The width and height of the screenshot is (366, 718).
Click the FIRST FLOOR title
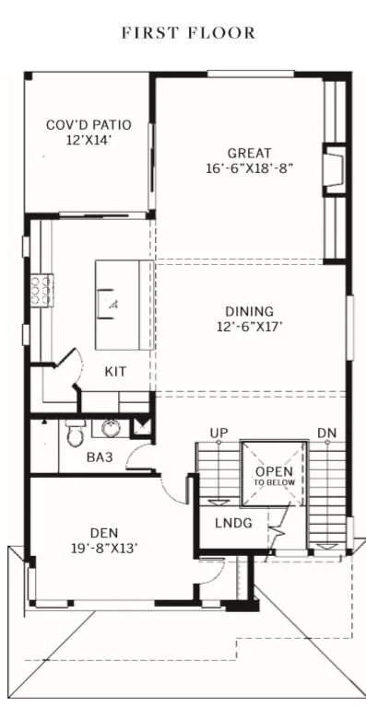pyautogui.click(x=187, y=33)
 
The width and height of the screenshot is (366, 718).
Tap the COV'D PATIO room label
pyautogui.click(x=89, y=124)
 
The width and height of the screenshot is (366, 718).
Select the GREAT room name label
pyautogui.click(x=250, y=153)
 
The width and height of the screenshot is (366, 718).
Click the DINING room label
pyautogui.click(x=249, y=311)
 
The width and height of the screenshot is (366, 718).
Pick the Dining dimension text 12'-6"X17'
pyautogui.click(x=249, y=326)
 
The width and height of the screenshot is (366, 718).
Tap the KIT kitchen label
pyautogui.click(x=115, y=371)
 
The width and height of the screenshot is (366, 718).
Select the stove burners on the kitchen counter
pyautogui.click(x=41, y=291)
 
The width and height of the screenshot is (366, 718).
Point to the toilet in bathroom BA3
pyautogui.click(x=76, y=431)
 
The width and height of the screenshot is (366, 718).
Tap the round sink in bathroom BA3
pyautogui.click(x=112, y=428)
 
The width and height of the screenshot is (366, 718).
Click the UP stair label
pyautogui.click(x=219, y=433)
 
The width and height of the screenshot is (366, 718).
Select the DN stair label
pyautogui.click(x=326, y=433)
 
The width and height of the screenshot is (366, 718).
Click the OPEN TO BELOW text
pyautogui.click(x=274, y=476)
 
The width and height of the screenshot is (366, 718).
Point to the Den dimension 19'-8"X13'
pyautogui.click(x=103, y=548)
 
